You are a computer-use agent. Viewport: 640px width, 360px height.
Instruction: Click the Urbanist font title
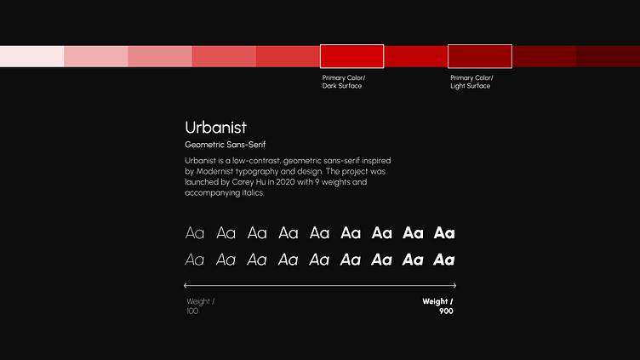coord(215,128)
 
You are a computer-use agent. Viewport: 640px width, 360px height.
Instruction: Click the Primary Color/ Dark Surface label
coord(343,82)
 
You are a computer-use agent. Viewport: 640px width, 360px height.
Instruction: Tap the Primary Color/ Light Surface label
coord(471,82)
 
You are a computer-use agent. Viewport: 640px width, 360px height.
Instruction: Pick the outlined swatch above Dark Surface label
coord(351,56)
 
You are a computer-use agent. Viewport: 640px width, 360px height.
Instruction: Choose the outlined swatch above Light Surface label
coord(480,56)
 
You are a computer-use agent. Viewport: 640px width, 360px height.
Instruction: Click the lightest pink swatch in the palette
coord(31,56)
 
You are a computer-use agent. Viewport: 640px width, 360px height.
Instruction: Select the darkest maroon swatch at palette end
coord(608,56)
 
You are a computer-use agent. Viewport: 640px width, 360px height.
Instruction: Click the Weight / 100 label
coord(200,306)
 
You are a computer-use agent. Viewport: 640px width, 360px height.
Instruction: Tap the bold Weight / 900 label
coord(438,306)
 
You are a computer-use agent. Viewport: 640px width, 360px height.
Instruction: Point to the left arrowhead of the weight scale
coord(186,285)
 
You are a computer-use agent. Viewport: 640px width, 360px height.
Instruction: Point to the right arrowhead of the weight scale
coord(454,285)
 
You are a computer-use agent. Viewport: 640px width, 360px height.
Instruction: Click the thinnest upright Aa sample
coord(195,233)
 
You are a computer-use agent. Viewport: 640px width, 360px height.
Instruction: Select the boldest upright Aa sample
coord(443,233)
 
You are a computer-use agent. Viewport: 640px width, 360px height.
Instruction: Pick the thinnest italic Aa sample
coord(195,260)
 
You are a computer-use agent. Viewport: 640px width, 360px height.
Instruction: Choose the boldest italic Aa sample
coord(443,260)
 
